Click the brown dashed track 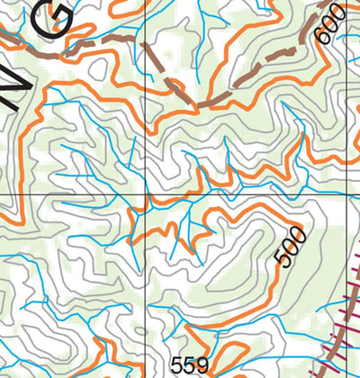point(99,42)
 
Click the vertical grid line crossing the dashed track point(145,108)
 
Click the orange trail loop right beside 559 point(236,356)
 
